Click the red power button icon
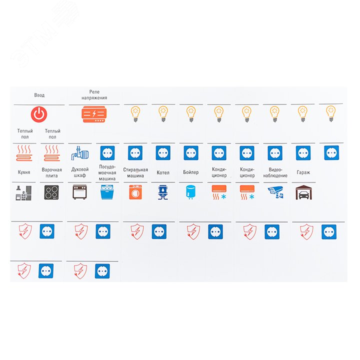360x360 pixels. tap(39, 114)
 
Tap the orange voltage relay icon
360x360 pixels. tap(94, 114)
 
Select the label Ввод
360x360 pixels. tap(39, 95)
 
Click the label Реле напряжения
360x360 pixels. tap(94, 95)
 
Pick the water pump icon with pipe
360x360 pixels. tap(80, 153)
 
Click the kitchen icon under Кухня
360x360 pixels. tap(23, 193)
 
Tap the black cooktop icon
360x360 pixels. tap(51, 192)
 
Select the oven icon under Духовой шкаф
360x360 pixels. tap(79, 192)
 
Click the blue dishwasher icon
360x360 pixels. tap(107, 192)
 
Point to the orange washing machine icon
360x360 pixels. tap(135, 192)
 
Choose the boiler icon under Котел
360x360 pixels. tap(163, 192)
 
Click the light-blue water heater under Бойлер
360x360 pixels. tap(190, 192)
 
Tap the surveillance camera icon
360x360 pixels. tap(275, 192)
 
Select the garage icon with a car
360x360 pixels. tap(303, 192)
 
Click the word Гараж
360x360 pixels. tap(303, 172)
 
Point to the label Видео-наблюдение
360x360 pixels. tap(275, 172)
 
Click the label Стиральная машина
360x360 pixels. tap(135, 172)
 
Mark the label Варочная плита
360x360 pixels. tap(51, 172)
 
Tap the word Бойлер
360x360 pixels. tap(191, 172)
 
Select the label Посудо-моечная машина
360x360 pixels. tap(107, 172)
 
